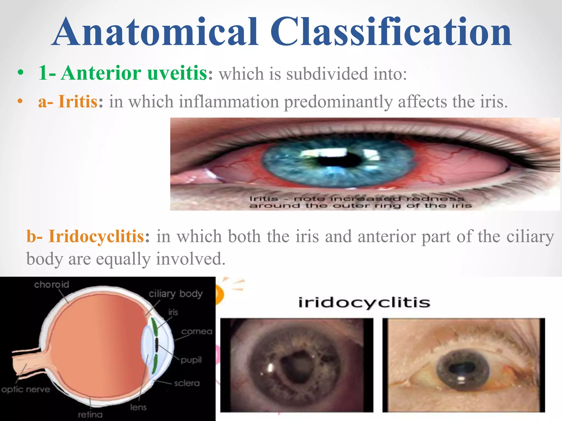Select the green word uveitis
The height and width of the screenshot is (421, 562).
[x=178, y=73]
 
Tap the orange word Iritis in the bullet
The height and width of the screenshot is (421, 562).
[x=78, y=101]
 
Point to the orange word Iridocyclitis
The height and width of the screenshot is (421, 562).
[x=96, y=236]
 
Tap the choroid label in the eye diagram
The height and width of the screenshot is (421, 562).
[x=52, y=285]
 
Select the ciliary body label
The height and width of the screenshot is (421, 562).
[x=176, y=294]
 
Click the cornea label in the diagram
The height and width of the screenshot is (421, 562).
[x=197, y=332]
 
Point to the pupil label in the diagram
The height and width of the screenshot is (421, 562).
[x=191, y=360]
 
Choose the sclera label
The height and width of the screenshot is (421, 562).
[x=187, y=383]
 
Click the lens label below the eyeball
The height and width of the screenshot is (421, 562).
[x=138, y=407]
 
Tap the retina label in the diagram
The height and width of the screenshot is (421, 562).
[x=90, y=415]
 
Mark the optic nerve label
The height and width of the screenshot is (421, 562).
[x=26, y=389]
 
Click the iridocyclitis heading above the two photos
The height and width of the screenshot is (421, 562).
[x=364, y=303]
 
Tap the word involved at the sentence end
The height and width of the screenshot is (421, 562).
[x=191, y=259]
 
